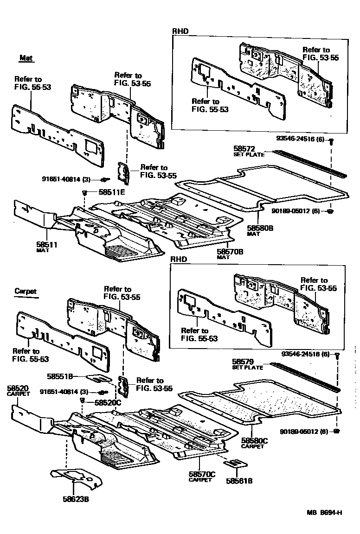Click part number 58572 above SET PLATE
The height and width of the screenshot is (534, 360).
coord(244,148)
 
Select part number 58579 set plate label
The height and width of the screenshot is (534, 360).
coord(244,362)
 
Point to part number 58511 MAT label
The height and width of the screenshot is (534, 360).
coord(46,244)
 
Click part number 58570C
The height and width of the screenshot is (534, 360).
coord(202,474)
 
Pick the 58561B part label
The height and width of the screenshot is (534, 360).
coord(239,481)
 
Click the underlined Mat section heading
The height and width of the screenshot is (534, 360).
coord(26,58)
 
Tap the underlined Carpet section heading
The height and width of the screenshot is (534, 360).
coord(26,292)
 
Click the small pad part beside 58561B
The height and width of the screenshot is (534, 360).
coord(236,464)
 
